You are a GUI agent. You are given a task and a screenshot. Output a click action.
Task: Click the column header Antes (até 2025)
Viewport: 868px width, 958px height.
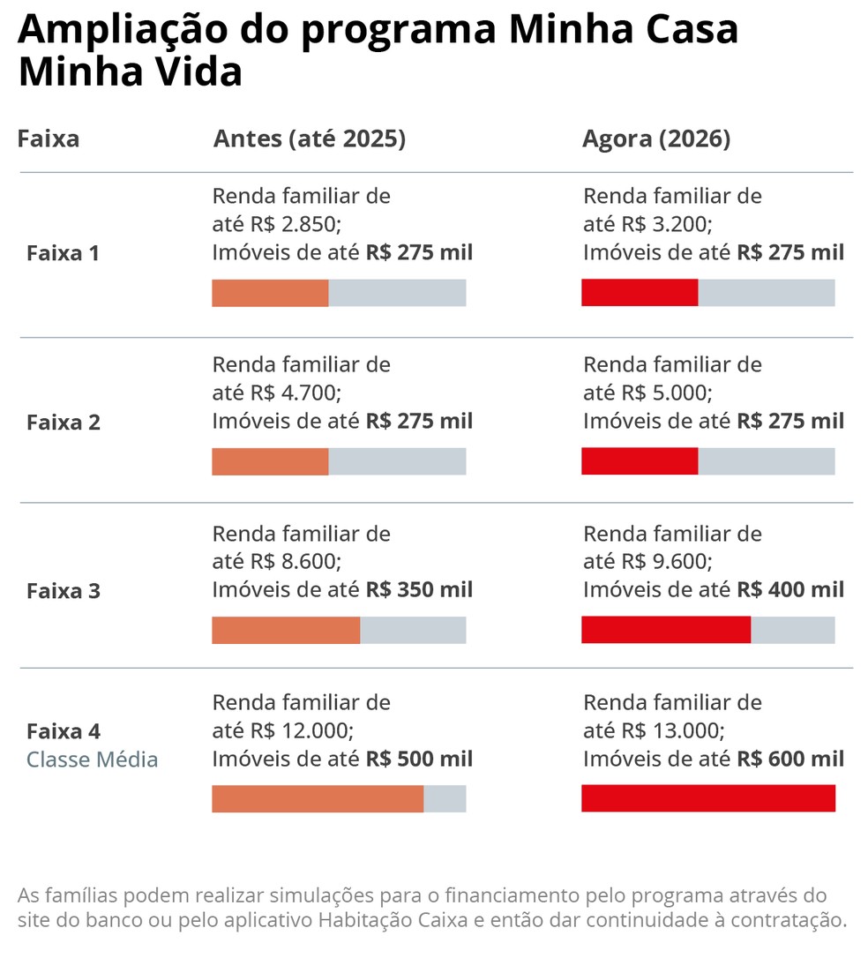[309, 139]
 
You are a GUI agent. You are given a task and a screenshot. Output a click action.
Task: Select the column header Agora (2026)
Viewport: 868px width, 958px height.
[656, 139]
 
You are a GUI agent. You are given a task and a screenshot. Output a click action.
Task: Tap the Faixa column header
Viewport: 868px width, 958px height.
[49, 139]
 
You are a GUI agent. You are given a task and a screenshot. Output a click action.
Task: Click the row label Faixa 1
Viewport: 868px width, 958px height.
[63, 254]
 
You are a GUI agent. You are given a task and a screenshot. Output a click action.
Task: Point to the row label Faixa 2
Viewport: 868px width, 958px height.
[64, 423]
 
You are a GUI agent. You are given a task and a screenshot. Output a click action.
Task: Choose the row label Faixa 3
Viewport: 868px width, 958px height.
[64, 591]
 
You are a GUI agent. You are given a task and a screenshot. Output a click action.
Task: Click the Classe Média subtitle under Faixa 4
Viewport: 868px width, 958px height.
[92, 760]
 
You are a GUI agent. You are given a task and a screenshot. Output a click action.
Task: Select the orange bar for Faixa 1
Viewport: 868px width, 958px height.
[270, 293]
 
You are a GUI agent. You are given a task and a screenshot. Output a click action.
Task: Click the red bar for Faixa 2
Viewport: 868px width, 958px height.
[640, 461]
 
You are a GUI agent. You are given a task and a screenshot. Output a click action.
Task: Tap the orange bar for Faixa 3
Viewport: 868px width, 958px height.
[286, 630]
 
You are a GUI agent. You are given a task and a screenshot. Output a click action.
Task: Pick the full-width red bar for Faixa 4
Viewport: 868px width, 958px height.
[707, 798]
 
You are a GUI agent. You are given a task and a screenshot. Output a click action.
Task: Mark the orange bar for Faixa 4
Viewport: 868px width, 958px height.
[318, 798]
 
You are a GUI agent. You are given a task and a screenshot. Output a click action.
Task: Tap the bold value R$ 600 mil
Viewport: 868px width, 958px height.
[790, 759]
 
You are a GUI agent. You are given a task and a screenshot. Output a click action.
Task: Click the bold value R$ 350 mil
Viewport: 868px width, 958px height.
[419, 590]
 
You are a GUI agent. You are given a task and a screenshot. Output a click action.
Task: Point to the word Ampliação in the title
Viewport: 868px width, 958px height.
[118, 31]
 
